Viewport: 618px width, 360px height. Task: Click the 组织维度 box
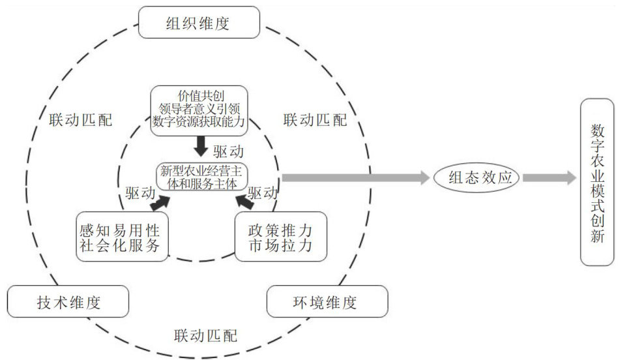point(199,25)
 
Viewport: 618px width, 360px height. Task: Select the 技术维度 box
point(68,302)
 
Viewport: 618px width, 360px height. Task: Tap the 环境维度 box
point(327,302)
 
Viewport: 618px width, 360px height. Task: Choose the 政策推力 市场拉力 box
point(280,237)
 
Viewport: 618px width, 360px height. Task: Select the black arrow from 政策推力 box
point(243,203)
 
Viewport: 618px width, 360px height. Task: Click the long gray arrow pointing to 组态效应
point(352,177)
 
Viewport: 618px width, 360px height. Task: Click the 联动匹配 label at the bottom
point(206,337)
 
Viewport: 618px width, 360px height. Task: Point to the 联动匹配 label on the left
point(80,120)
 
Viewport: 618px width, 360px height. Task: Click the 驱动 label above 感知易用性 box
point(140,193)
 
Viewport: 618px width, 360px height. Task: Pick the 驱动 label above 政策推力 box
point(263,193)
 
